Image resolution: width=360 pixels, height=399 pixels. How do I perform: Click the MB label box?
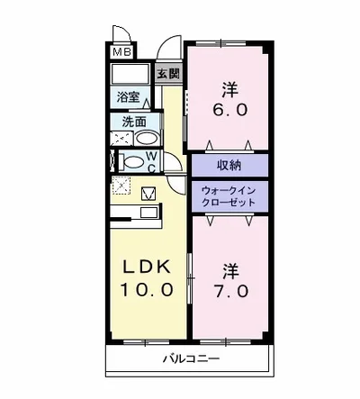121,52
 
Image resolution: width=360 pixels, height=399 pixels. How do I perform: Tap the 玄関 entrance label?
167,74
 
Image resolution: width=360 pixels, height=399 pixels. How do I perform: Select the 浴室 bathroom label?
127,96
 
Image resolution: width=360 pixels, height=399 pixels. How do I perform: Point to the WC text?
152,162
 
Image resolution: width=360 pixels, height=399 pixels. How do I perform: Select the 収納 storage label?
229,164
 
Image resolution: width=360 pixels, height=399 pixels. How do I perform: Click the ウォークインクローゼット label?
229,196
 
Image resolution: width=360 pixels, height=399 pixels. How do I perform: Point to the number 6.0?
229,109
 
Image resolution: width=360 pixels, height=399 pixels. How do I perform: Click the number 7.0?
229,291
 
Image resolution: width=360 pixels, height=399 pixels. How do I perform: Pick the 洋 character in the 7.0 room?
229,268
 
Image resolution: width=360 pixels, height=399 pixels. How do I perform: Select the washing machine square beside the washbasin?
121,138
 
